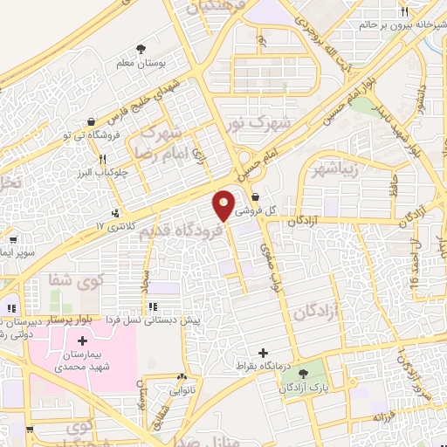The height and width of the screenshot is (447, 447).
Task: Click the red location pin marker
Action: click(x=224, y=204)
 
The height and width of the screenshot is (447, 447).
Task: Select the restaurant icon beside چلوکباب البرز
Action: click(x=104, y=159)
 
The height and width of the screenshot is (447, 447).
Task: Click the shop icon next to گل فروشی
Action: click(x=254, y=197)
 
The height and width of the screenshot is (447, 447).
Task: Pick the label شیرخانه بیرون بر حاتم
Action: click(x=400, y=24)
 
